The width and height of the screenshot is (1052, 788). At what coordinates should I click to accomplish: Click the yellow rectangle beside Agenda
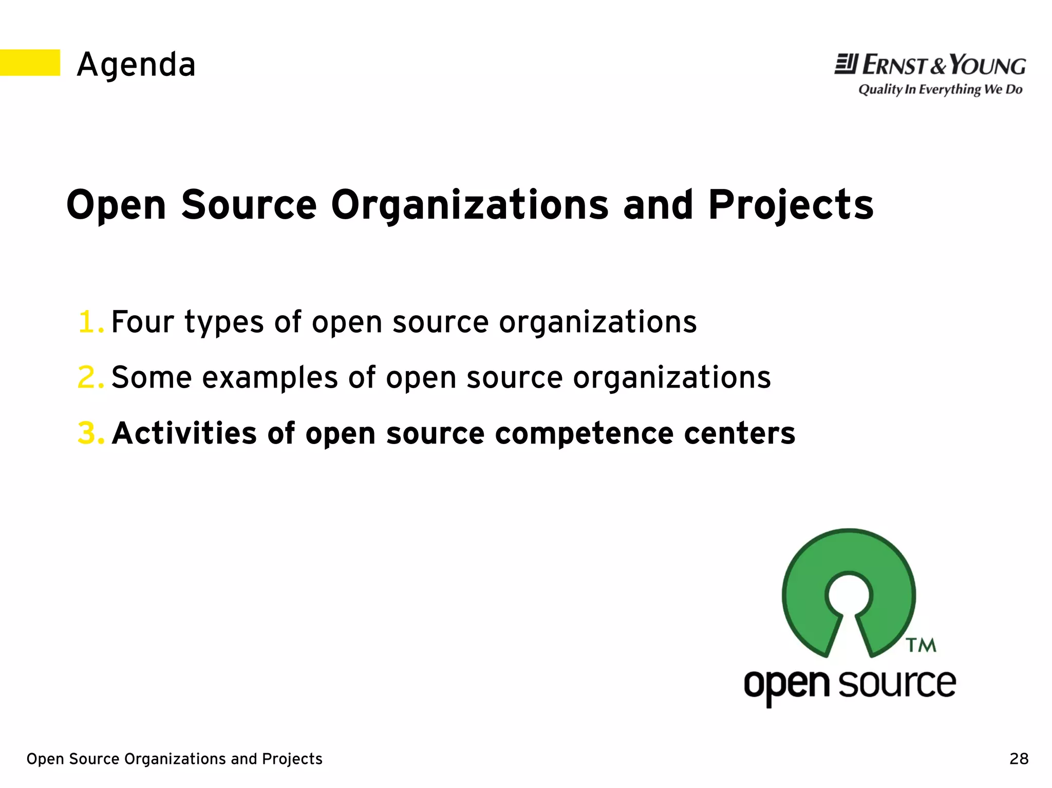[30, 63]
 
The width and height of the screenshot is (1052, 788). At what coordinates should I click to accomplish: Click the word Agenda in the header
[136, 65]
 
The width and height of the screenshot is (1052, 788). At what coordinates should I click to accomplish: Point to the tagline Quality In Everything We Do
[940, 90]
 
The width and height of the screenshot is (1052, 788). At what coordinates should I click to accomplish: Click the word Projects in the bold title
[791, 205]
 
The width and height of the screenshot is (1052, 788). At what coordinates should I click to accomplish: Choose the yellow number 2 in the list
[89, 378]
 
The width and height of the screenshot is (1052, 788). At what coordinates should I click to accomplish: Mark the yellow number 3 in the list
[89, 433]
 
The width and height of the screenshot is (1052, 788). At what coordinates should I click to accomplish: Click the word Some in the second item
[152, 378]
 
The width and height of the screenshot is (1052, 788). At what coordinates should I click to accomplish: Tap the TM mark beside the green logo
[920, 645]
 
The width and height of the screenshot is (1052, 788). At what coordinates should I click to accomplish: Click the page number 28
[1019, 759]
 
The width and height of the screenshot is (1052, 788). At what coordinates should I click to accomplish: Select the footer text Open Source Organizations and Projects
[174, 759]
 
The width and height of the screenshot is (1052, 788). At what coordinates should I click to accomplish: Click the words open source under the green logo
[850, 685]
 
